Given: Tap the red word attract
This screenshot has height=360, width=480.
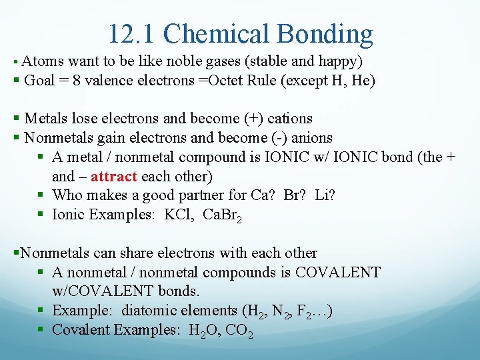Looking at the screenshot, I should click(x=114, y=177).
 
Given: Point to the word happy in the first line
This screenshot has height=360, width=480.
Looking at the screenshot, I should click(x=339, y=62).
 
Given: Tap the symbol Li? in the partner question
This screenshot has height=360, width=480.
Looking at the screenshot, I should click(x=326, y=196).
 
